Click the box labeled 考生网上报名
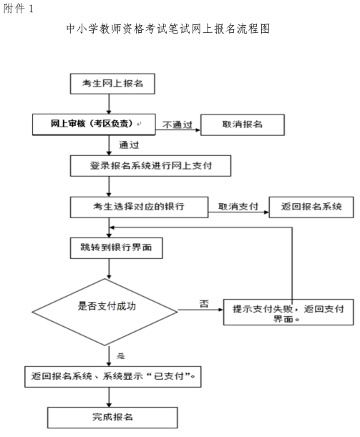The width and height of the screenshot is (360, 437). [112, 84]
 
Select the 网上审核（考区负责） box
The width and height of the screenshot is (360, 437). [94, 124]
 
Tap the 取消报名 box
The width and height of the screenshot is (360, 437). [243, 125]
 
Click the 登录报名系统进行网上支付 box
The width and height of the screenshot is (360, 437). [150, 166]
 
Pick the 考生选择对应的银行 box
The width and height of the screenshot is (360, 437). [139, 207]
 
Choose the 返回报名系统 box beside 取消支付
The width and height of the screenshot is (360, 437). [311, 207]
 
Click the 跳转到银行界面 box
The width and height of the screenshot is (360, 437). [116, 248]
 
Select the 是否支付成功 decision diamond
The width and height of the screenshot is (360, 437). [104, 312]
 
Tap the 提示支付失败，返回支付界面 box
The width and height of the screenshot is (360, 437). [288, 312]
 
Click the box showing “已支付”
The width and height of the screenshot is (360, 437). [113, 377]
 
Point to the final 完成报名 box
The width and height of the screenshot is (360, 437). [112, 418]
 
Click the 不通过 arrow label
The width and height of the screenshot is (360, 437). [177, 124]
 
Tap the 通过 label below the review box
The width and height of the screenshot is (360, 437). [129, 145]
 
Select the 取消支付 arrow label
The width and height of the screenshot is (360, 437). [238, 207]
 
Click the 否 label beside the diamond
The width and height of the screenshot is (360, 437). [204, 303]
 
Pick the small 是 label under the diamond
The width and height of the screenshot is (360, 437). [120, 356]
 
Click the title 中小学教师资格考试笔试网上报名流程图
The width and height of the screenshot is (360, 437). [168, 29]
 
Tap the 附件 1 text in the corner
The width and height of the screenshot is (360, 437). [19, 9]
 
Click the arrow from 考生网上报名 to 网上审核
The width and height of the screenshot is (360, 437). [109, 104]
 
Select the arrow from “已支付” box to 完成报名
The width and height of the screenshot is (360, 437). [109, 397]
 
